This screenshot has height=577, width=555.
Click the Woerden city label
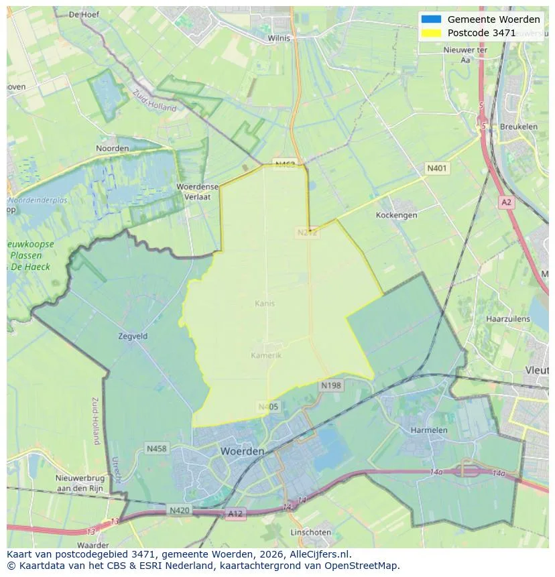coord(242,452)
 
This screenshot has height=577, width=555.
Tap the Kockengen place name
coord(396,215)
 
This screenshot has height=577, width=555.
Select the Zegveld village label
coord(132,336)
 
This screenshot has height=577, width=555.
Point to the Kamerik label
coord(266,355)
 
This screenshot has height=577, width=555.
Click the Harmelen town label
coord(429,430)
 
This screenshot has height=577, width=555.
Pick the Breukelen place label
coord(518,127)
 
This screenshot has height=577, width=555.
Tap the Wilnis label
coord(279,38)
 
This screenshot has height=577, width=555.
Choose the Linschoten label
coord(310,532)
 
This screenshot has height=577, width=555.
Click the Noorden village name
coord(113,148)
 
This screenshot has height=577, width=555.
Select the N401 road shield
coord(437,168)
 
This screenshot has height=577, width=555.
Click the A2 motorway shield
coord(506,202)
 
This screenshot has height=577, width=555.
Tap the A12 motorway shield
coord(235,513)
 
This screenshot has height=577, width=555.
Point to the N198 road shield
coord(330,385)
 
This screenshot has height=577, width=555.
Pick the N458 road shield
coord(157,448)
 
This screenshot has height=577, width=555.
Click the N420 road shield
coord(179,510)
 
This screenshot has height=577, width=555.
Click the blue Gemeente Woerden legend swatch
coord(431,19)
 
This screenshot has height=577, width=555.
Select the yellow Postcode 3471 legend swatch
coord(431,33)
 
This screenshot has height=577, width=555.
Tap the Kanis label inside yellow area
coord(265,304)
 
